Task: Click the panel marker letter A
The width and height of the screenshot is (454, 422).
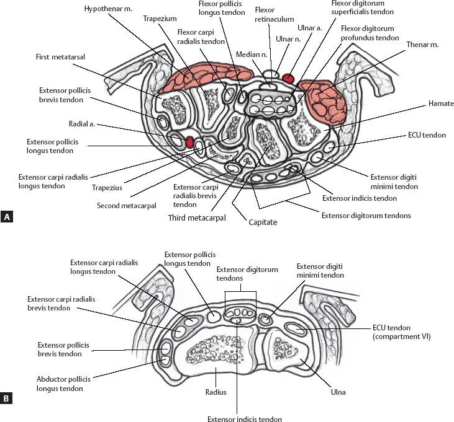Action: coord(7,217)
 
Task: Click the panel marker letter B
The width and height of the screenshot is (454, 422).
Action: coord(7,399)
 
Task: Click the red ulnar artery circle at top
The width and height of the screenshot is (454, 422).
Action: coord(288,78)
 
